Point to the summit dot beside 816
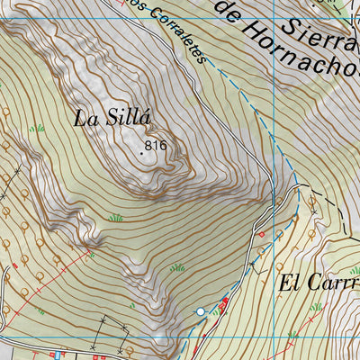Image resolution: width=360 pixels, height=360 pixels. [141, 153]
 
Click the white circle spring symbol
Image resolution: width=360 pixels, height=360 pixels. [201, 311]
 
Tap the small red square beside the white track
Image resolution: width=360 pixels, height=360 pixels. [262, 234]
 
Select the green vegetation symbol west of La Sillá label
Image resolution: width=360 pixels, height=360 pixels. [36, 129]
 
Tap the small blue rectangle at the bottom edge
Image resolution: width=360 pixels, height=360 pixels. [58, 354]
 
